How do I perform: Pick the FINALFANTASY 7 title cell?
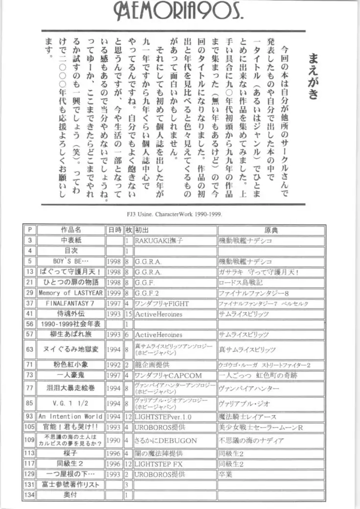[71, 303]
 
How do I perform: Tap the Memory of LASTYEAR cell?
[71, 293]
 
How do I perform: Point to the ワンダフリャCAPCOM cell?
[168, 375]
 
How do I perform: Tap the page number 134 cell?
[30, 495]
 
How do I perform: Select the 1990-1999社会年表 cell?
[71, 324]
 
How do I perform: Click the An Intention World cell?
[71, 416]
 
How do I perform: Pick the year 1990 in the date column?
[113, 440]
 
